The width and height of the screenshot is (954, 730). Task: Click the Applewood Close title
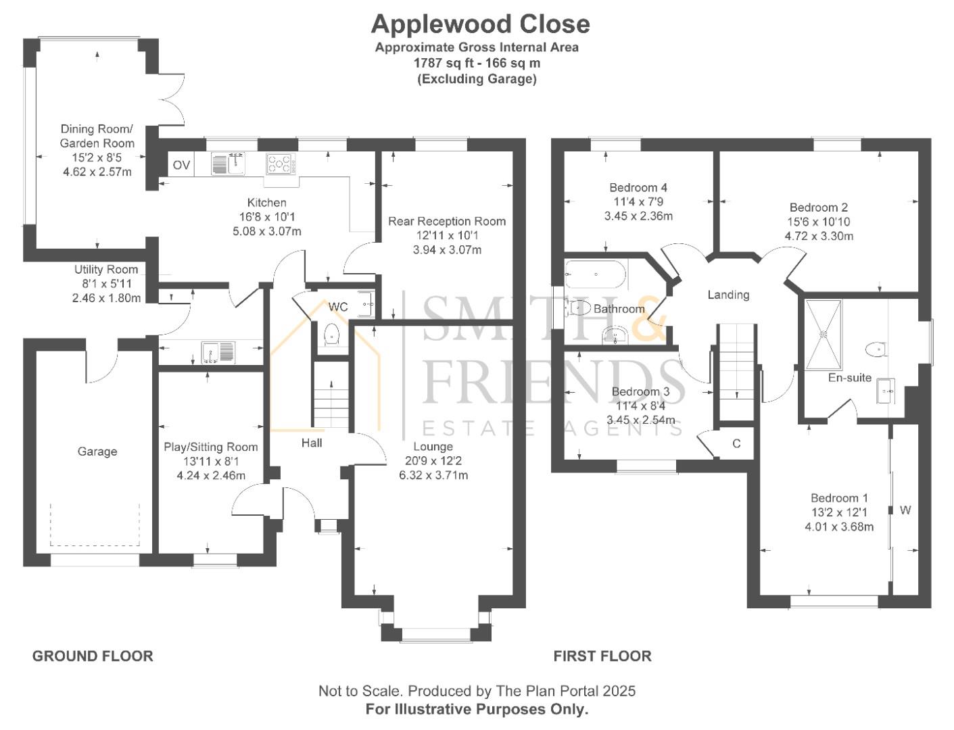point(480,24)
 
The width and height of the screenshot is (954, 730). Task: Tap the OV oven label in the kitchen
point(181,165)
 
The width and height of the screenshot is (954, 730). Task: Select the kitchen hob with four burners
point(281,164)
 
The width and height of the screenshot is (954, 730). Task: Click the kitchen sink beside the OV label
point(228,164)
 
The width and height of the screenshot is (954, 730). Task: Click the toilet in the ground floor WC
point(331,335)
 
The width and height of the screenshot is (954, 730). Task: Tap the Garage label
point(97,452)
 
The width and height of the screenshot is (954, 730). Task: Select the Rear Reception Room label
point(447,221)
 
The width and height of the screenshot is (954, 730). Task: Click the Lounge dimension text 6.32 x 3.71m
point(433,475)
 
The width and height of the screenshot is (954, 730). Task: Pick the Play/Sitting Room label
point(211,447)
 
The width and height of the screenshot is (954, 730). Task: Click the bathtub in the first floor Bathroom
point(595,274)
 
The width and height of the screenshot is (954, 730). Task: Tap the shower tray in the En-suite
point(824,333)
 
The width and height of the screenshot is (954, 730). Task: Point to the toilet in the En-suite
point(875,349)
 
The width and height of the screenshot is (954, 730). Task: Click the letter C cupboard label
point(737,444)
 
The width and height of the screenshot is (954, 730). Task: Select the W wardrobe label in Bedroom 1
point(905,510)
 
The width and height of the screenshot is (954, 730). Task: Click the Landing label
point(728,295)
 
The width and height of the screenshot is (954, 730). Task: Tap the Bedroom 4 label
point(638,187)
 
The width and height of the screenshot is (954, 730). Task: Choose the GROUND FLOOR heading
point(93,656)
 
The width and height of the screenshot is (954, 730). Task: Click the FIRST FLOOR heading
point(602,656)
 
